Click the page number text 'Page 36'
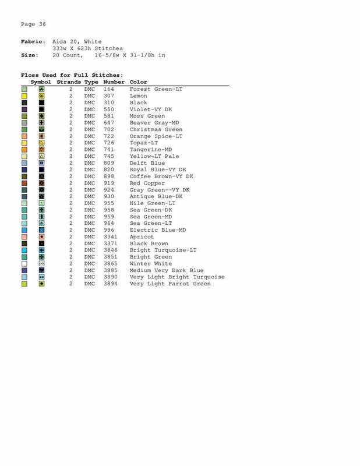33,24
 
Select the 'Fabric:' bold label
34,42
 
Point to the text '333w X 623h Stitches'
87,48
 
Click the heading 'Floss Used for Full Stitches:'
72,75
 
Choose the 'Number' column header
114,82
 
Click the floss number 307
108,95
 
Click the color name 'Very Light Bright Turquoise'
178,276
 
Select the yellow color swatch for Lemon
24,95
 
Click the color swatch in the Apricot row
24,237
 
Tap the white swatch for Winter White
24,263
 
